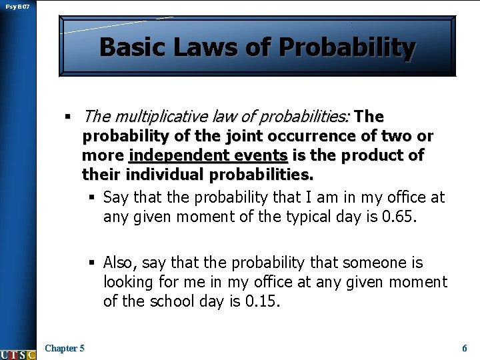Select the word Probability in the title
347,48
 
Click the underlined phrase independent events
208,156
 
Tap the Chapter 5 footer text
65,348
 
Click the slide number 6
464,348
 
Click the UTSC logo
18,354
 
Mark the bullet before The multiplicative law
67,118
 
